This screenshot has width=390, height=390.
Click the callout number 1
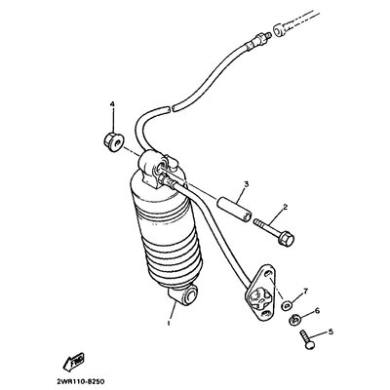(169, 324)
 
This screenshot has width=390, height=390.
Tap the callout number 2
(285, 207)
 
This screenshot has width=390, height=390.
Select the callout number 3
(247, 184)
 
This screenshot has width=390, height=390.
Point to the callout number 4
(112, 104)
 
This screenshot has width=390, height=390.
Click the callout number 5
(331, 331)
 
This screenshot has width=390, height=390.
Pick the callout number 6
(317, 311)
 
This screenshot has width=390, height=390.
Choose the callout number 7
(305, 292)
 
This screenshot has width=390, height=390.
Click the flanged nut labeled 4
(114, 142)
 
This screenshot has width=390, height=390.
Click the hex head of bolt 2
(286, 238)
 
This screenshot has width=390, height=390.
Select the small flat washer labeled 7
(287, 305)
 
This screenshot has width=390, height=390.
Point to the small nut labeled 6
(294, 321)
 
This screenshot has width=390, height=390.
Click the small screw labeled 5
(307, 339)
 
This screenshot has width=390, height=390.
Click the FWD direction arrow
(74, 362)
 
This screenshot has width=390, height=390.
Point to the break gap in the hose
(172, 107)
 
